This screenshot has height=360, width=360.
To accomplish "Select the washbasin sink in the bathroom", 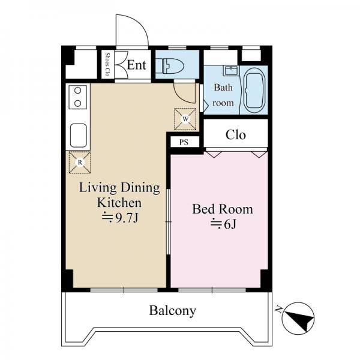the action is click(231, 70).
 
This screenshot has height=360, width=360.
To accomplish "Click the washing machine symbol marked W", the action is click(185, 119).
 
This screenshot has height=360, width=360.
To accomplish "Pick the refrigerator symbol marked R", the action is click(80, 163).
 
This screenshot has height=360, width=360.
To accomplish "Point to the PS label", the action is click(184, 142).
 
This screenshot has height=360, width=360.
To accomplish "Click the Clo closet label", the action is click(236, 135).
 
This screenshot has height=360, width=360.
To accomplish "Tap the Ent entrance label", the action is click(136, 65).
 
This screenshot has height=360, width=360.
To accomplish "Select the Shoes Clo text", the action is click(107, 65).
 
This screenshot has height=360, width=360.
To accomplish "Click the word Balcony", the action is click(173, 311).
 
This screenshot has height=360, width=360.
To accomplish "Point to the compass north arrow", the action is click(299, 319).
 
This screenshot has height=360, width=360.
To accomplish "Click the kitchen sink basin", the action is click(78, 136).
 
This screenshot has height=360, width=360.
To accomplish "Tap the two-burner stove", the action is click(78, 97).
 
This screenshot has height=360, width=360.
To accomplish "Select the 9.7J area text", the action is click(120, 218).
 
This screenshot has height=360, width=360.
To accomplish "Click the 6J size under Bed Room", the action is click(223, 224).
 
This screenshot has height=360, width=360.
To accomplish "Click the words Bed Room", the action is click(223, 209).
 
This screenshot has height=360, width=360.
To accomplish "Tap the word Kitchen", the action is click(119, 203).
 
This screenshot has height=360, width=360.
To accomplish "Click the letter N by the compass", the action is click(279, 310).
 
